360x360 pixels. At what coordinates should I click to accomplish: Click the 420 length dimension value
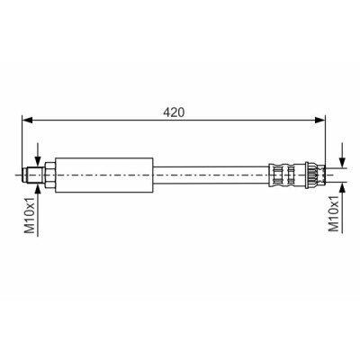174,112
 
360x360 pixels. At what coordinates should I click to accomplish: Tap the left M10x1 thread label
30,213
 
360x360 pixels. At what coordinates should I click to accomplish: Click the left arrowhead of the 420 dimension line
27,121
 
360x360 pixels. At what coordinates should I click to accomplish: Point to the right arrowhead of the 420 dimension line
320,121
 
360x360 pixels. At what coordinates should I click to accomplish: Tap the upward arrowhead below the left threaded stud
38,187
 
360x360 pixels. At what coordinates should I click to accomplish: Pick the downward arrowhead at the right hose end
343,163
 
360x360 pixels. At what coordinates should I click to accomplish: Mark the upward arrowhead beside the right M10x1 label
343,186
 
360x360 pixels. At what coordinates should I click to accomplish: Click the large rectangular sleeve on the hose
104,175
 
